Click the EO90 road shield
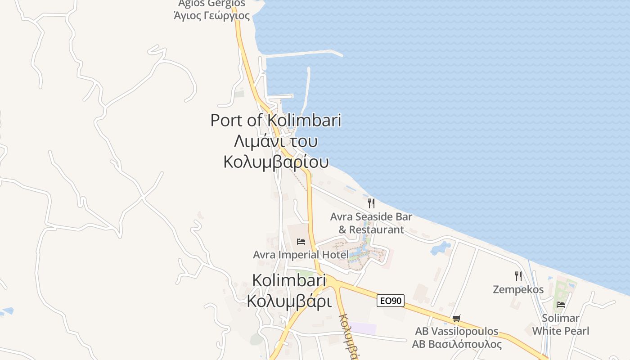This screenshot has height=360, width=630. click(390, 301)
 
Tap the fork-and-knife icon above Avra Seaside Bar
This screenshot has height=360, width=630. click(371, 203)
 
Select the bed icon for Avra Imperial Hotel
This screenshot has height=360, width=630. click(301, 242)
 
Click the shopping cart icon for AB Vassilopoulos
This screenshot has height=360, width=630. click(456, 319)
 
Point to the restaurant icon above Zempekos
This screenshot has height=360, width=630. click(518, 276)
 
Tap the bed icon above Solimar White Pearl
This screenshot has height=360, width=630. click(560, 305)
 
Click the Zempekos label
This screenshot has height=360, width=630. click(518, 289)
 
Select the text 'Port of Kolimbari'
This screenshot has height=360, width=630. click(275, 121)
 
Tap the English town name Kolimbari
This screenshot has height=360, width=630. click(288, 280)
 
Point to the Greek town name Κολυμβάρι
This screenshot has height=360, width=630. click(289, 301)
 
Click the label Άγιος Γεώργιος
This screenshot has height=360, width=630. click(211, 16)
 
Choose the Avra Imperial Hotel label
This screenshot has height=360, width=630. click(300, 255)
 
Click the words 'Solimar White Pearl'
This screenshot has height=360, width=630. click(560, 324)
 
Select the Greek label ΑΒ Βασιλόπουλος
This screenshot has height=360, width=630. click(456, 344)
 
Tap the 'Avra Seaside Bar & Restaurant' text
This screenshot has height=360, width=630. click(371, 223)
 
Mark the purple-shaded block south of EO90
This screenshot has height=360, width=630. click(363, 328)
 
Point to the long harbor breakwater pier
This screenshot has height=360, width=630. click(304, 54)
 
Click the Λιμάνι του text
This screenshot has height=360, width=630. click(275, 141)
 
